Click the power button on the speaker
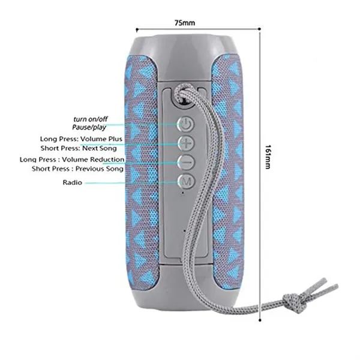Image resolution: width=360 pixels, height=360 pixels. click(x=185, y=124)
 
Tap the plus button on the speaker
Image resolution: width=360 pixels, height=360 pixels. click(x=186, y=143)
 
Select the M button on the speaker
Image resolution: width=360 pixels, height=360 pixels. click(x=187, y=182)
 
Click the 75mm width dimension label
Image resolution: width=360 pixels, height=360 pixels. click(x=185, y=23)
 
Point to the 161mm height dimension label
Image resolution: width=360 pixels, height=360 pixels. click(x=268, y=157)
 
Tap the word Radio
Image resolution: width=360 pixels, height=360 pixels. click(x=73, y=182)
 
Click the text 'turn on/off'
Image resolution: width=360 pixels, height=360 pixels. click(x=91, y=119)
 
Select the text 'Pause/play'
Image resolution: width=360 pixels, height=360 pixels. click(x=89, y=127)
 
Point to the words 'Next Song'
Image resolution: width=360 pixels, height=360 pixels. click(x=100, y=148)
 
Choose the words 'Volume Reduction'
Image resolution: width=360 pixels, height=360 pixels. click(x=93, y=160)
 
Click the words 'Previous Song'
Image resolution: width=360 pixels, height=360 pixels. click(x=100, y=169)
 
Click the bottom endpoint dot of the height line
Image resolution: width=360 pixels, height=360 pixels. click(x=260, y=320)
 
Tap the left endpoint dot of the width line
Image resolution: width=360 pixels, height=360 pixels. click(x=137, y=29)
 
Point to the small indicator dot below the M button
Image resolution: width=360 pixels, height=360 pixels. click(x=182, y=193)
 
